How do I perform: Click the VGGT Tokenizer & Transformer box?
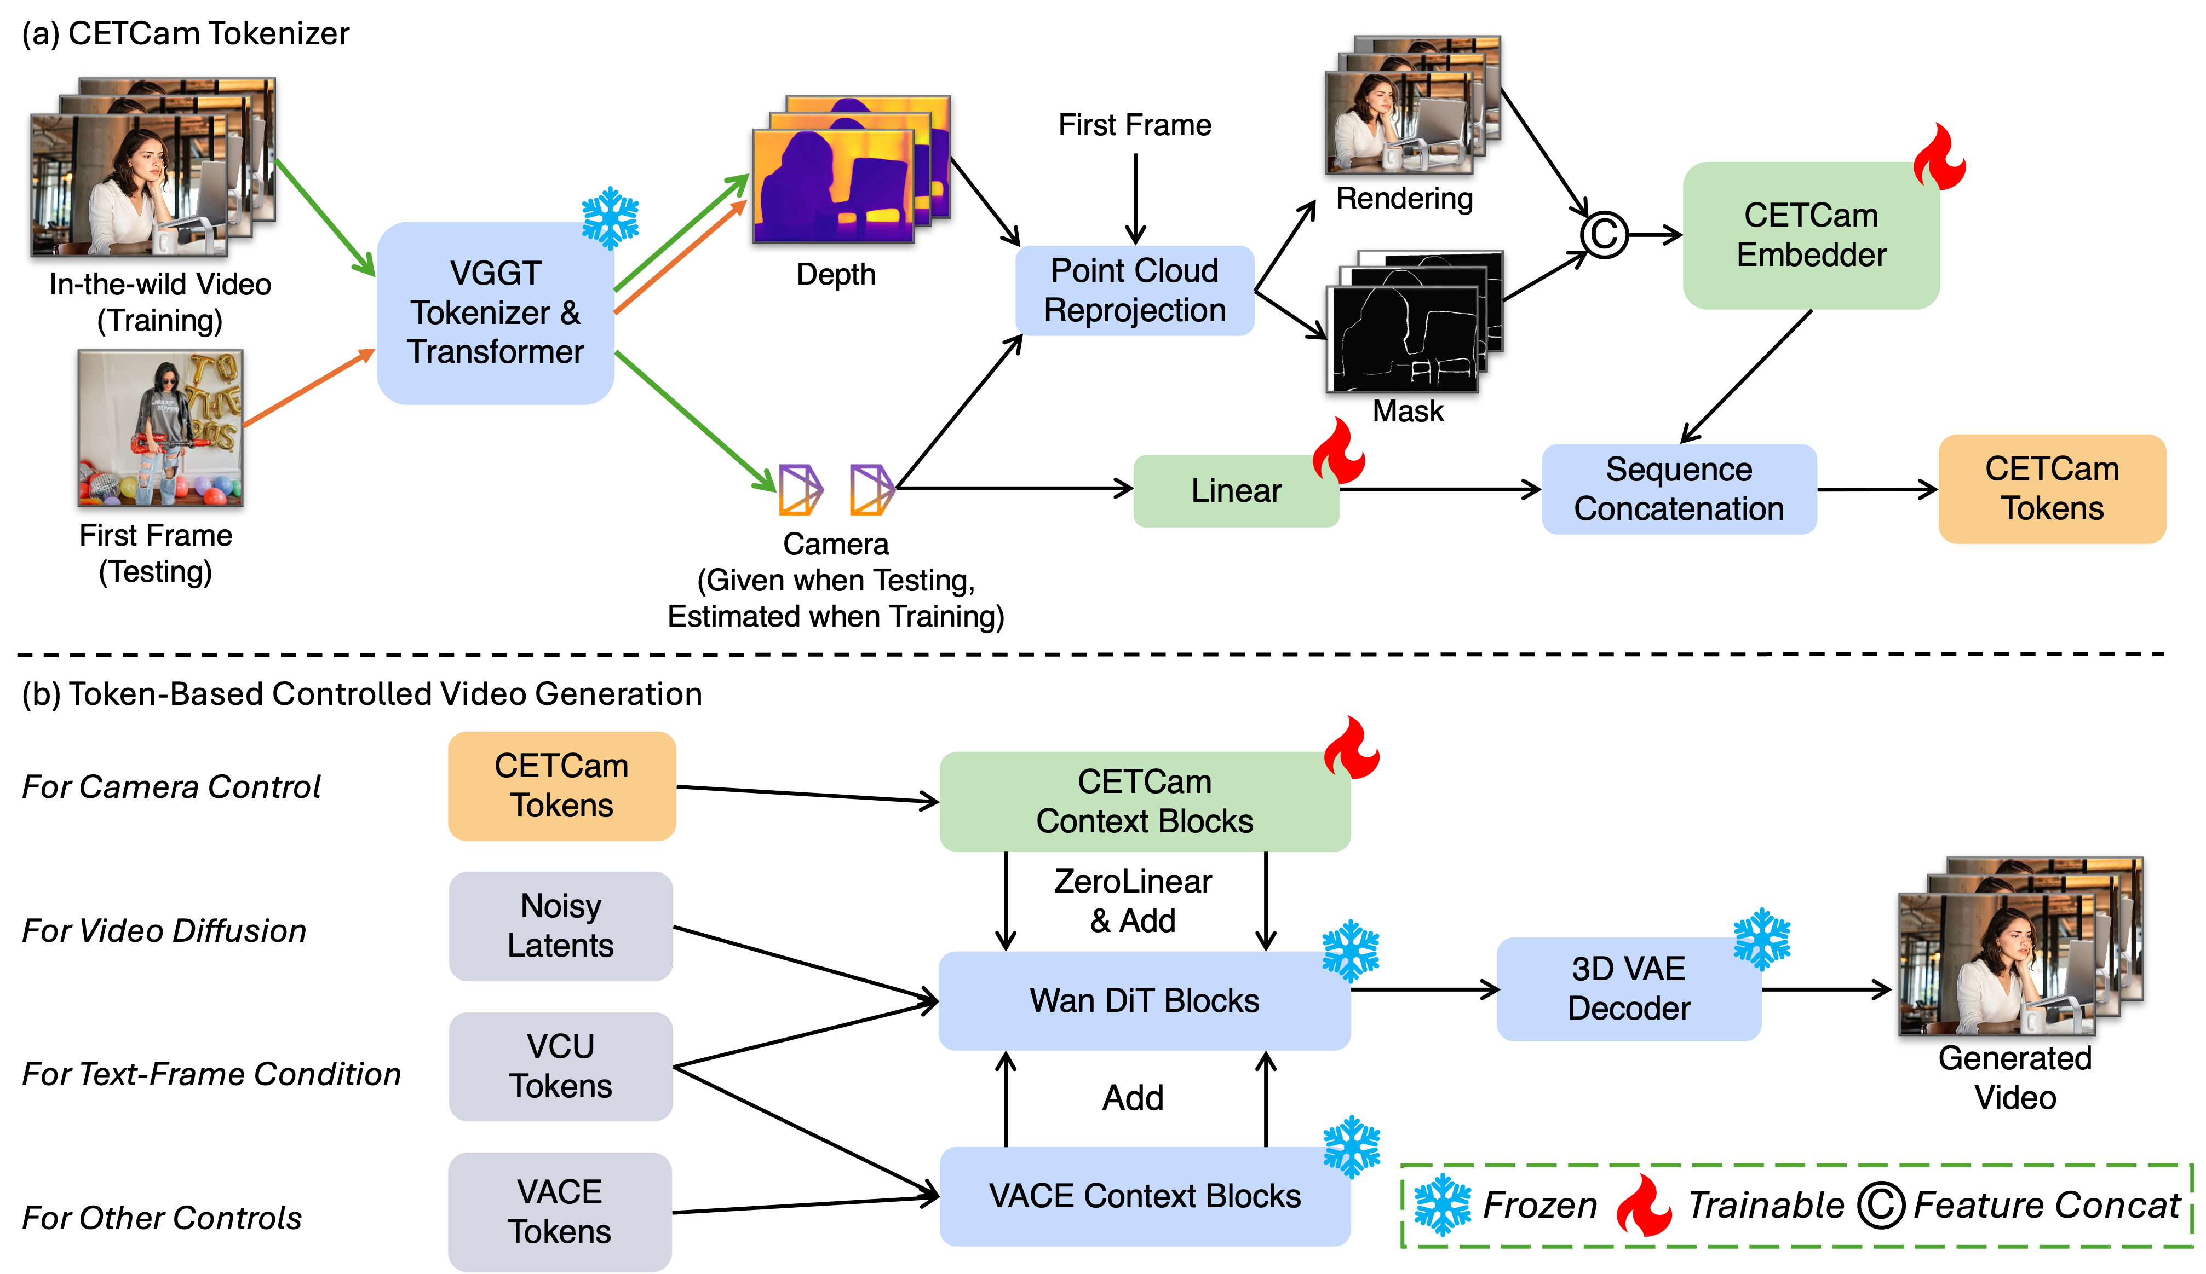(x=496, y=312)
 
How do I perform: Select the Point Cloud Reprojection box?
(x=1135, y=291)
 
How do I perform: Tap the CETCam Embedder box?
(x=1811, y=235)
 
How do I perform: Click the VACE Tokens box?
(x=560, y=1211)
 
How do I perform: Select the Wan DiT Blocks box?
(x=1144, y=1000)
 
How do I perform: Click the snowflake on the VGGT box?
(x=610, y=218)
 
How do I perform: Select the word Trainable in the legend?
(x=1766, y=1206)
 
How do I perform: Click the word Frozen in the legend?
(x=1540, y=1206)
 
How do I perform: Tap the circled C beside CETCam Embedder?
(x=1604, y=235)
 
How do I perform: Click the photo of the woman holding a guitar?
(x=160, y=428)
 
